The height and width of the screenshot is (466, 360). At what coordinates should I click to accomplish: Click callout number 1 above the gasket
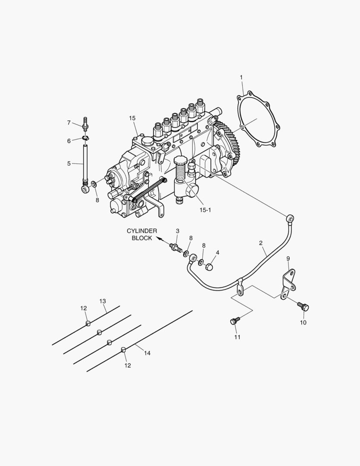[241, 77]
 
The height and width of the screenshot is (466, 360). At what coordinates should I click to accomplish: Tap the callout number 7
[69, 123]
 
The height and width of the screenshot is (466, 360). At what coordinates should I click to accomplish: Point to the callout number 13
[103, 301]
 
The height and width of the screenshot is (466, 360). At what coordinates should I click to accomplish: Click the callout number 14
[147, 353]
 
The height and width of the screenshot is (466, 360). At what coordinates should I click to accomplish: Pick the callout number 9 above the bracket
[288, 258]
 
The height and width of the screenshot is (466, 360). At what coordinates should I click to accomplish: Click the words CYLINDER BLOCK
[141, 235]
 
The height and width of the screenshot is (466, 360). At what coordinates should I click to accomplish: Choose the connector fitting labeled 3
[176, 248]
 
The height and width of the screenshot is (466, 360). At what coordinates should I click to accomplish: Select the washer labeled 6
[85, 139]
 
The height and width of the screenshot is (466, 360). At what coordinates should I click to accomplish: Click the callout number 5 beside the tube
[69, 164]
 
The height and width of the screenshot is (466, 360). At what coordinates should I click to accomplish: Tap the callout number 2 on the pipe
[261, 243]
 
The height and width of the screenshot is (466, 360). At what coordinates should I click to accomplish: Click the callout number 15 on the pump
[132, 118]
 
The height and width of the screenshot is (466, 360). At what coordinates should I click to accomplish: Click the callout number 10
[303, 322]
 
